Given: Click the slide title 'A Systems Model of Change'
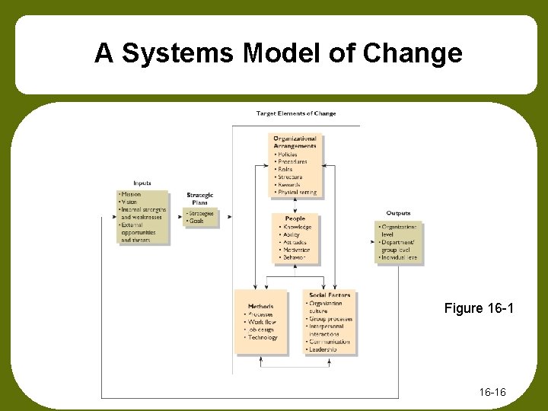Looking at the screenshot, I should tap(278, 54).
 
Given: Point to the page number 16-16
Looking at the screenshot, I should tap(493, 392).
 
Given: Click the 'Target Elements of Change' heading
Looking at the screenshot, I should tap(296, 113).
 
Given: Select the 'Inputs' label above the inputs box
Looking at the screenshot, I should tap(142, 183).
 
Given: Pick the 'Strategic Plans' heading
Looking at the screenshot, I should tap(200, 199).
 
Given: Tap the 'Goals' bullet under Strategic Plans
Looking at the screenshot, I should tap(199, 221).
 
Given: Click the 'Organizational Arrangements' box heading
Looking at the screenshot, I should tap(295, 142).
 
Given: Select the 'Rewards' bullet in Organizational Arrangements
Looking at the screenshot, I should tap(289, 185).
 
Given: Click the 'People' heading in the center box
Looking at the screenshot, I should tap(295, 219).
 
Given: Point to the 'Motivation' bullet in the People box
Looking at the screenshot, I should tap(295, 250).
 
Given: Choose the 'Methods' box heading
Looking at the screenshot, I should tap(260, 307).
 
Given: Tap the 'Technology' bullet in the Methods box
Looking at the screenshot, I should tap(263, 337).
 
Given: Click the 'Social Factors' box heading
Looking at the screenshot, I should tap(330, 295).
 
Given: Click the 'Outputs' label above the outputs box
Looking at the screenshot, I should tap(398, 214).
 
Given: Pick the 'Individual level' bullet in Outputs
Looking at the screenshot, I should tap(399, 258).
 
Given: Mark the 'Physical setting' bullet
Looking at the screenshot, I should tap(297, 193).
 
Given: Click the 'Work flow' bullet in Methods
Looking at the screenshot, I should tap(262, 322).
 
